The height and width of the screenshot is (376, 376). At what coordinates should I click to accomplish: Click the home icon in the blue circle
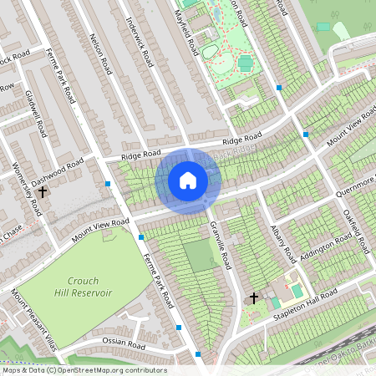(x=188, y=180)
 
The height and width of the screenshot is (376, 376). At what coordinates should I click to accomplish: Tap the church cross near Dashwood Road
(x=42, y=191)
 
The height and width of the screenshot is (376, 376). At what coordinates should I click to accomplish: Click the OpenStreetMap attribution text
(x=84, y=370)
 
